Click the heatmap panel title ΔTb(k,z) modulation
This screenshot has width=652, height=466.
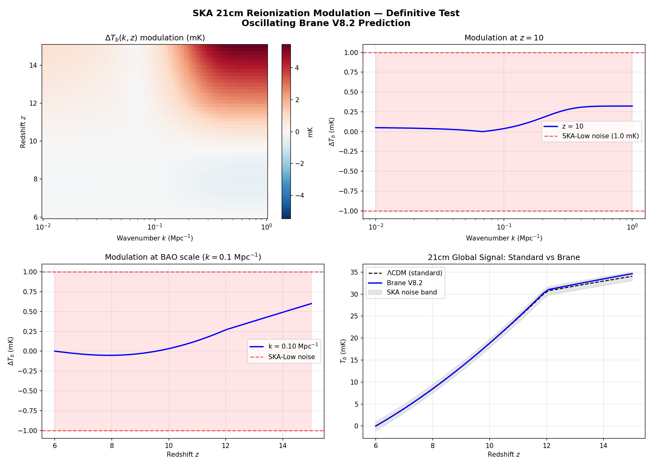click(x=155, y=38)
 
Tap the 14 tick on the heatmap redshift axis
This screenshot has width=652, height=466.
click(x=33, y=65)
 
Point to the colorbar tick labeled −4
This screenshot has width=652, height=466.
click(x=299, y=196)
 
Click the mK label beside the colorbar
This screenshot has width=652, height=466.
click(x=310, y=132)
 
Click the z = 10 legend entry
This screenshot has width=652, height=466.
click(x=573, y=126)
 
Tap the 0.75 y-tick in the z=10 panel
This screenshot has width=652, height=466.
click(x=351, y=72)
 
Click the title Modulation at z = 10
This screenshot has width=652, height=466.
click(x=504, y=38)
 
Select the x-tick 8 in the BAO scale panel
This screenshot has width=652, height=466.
click(x=112, y=446)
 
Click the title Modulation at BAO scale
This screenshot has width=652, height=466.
click(x=183, y=257)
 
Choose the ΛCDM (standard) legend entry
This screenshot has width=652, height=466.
click(x=414, y=273)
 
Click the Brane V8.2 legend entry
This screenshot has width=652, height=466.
click(x=404, y=283)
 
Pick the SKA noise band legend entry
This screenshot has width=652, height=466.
click(x=411, y=292)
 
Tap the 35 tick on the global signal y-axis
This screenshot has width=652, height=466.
click(x=354, y=272)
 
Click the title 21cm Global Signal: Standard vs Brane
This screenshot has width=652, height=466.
click(x=504, y=258)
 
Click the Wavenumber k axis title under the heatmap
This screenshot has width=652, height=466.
click(x=155, y=238)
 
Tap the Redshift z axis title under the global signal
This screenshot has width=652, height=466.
click(x=503, y=455)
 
